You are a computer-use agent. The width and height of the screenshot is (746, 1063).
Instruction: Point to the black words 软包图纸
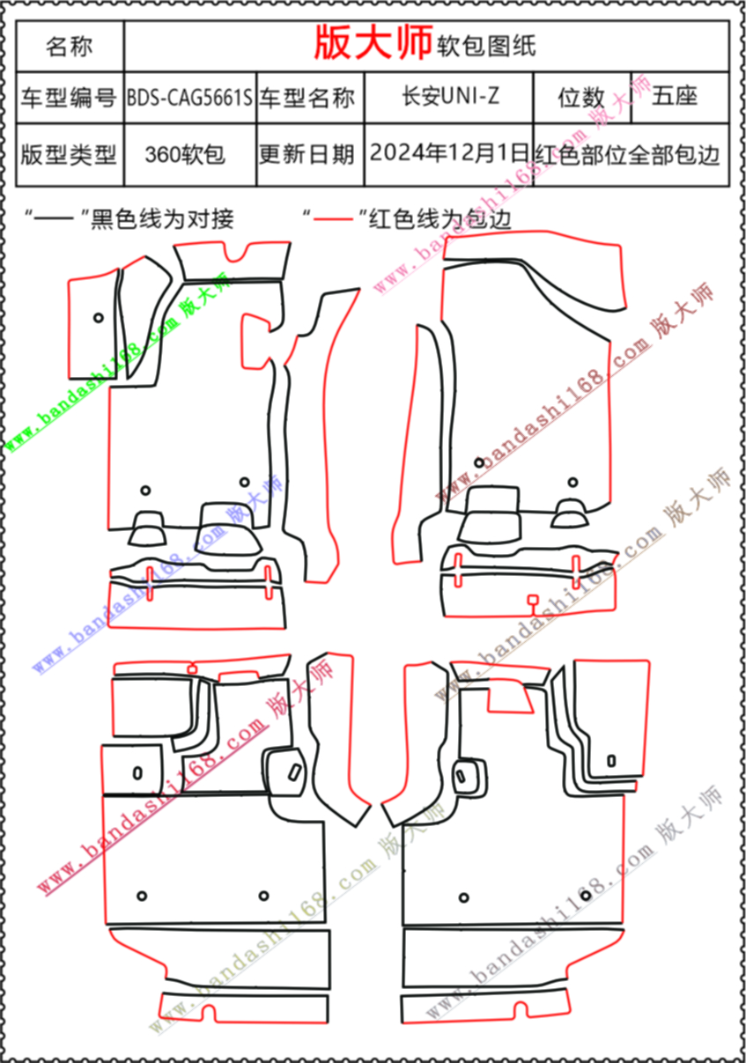pyautogui.click(x=486, y=45)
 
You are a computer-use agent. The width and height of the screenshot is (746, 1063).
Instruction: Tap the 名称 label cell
pyautogui.click(x=70, y=46)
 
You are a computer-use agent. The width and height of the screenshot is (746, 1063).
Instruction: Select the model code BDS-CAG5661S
pyautogui.click(x=190, y=97)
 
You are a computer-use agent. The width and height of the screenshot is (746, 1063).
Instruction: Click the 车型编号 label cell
pyautogui.click(x=70, y=98)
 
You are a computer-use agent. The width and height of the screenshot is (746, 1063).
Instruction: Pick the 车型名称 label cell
pyautogui.click(x=309, y=98)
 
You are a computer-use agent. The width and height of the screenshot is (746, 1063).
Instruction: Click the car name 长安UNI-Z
pyautogui.click(x=449, y=96)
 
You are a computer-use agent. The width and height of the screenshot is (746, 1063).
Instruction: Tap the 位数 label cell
pyautogui.click(x=581, y=97)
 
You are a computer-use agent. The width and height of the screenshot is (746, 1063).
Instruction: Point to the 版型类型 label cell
pyautogui.click(x=70, y=155)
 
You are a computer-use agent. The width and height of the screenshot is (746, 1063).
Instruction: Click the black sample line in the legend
pyautogui.click(x=55, y=217)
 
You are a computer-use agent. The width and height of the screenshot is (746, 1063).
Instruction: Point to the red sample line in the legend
pyautogui.click(x=331, y=217)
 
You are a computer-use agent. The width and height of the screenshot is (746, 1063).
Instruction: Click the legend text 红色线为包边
pyautogui.click(x=440, y=218)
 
